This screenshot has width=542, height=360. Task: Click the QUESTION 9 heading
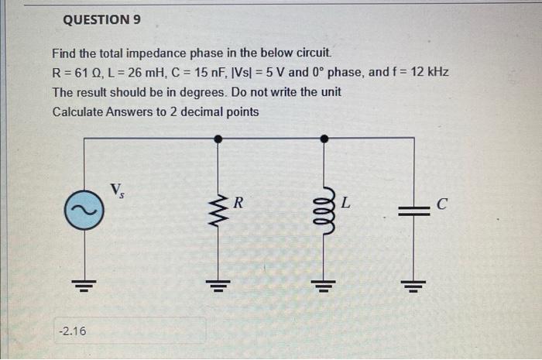click(x=101, y=19)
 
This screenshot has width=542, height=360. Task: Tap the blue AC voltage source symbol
click(x=84, y=210)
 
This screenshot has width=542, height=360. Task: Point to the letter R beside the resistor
click(x=238, y=204)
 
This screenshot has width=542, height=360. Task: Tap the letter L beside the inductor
click(x=345, y=204)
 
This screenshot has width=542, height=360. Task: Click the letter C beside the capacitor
click(x=442, y=205)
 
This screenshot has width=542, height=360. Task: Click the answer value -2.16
click(x=73, y=331)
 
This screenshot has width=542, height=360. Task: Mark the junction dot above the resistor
click(x=218, y=139)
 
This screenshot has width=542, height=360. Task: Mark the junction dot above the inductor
click(x=324, y=139)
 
